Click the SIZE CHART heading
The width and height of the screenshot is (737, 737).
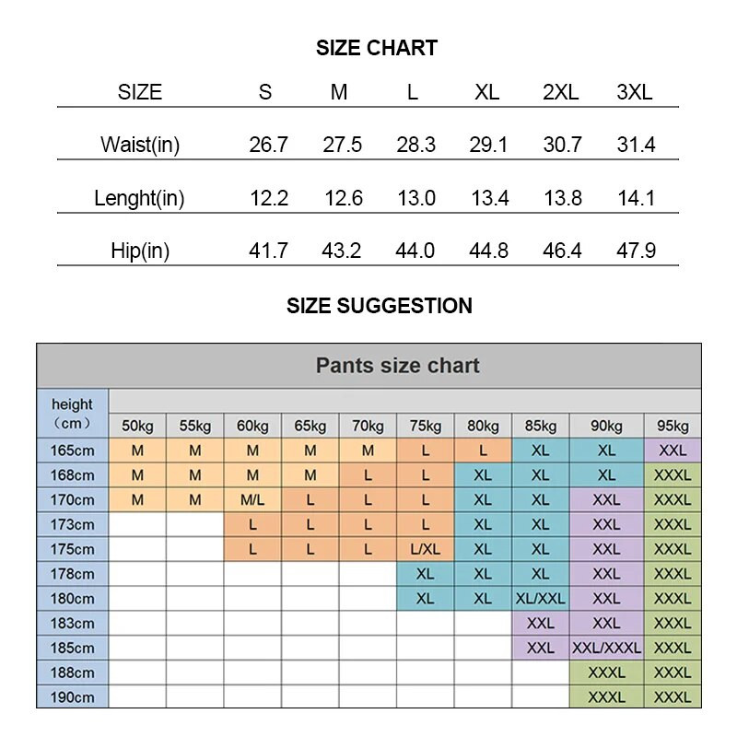point(376,48)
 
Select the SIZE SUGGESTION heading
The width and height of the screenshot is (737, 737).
point(379,306)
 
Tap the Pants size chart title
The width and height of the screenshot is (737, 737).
point(397,366)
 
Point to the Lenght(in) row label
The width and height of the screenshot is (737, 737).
point(139,198)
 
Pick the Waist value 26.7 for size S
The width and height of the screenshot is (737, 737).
point(268,145)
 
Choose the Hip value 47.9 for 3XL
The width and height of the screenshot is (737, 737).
point(636,251)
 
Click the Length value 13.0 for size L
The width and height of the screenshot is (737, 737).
point(415,198)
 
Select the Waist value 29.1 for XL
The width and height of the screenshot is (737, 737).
point(488,145)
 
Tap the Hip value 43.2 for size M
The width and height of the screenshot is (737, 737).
point(341,251)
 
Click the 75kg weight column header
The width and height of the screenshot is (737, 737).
point(425,426)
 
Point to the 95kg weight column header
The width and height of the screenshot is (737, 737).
point(673,426)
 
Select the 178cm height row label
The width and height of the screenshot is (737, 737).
point(73,574)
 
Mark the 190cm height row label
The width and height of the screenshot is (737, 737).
point(73,697)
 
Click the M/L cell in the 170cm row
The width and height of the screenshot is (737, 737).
point(252,500)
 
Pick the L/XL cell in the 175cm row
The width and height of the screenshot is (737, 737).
point(425,549)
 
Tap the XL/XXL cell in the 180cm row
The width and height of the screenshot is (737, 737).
point(540,599)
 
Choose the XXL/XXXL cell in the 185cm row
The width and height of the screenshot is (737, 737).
point(606,648)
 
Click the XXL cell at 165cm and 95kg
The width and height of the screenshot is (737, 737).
point(673,451)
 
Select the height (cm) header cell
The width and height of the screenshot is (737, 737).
point(73,413)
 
